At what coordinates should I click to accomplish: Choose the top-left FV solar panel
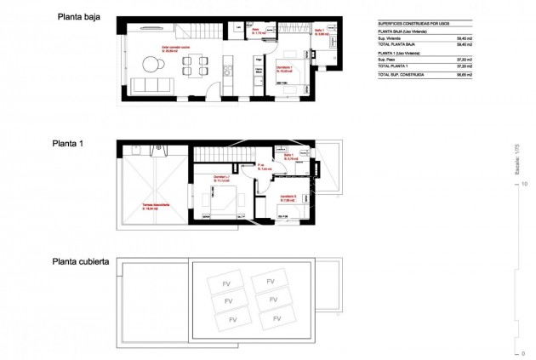[x=227, y=280]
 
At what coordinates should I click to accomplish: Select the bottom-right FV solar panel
[x=271, y=318]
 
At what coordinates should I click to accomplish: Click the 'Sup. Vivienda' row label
[x=389, y=39]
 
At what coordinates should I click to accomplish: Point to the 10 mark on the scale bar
[x=525, y=183]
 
